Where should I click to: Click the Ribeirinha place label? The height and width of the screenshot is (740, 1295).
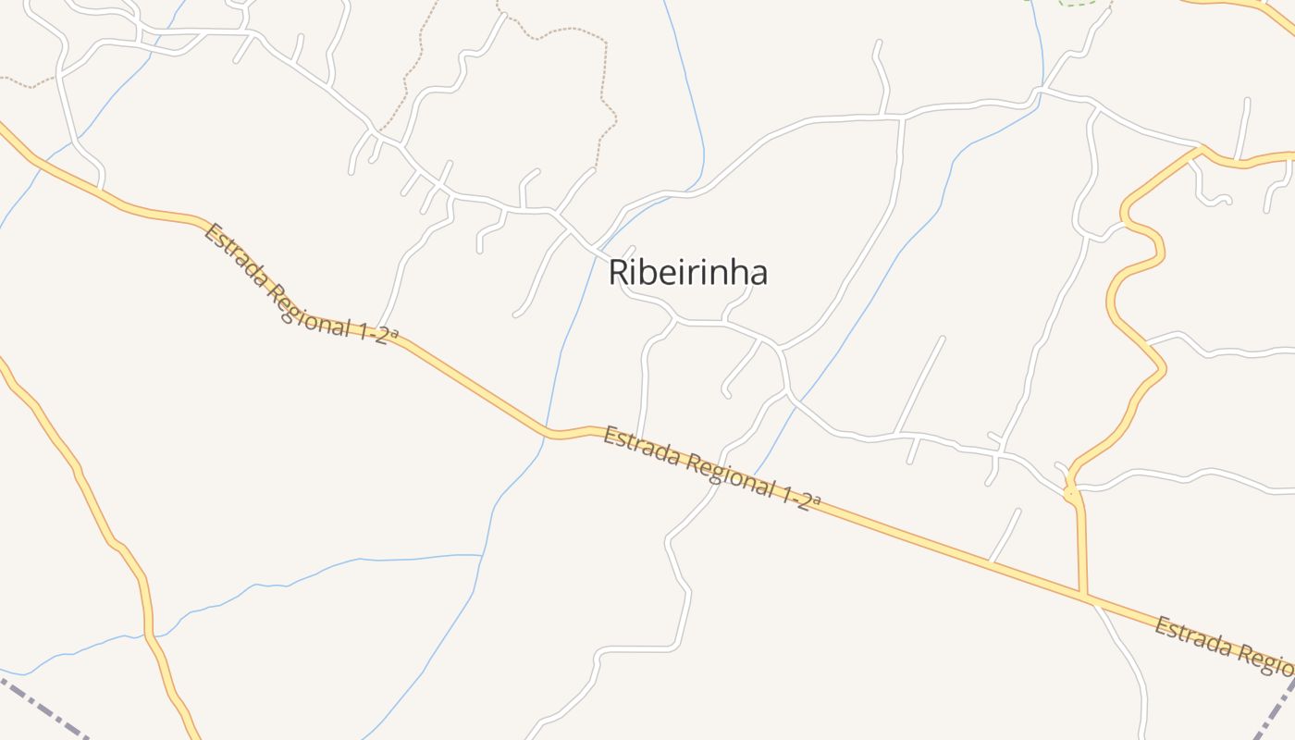[x=687, y=273]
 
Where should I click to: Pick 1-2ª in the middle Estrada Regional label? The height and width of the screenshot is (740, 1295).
[x=801, y=500]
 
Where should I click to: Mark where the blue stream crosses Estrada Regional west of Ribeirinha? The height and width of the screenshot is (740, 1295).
[x=549, y=430]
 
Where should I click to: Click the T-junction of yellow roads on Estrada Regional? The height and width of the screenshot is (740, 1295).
[x=1084, y=594]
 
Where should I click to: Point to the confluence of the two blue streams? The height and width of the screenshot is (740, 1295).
[x=482, y=556]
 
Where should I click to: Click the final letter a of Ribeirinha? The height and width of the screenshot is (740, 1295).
[x=758, y=274]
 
